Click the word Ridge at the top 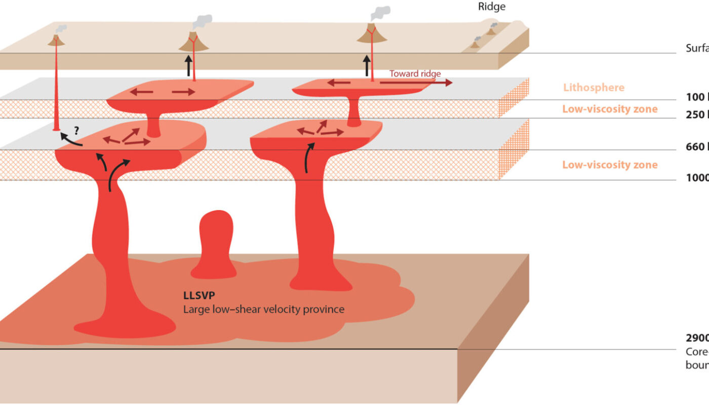492,7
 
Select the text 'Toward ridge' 415,73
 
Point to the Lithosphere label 594,88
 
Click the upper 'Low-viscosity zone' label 610,109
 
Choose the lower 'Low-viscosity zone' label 610,165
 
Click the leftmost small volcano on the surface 57,40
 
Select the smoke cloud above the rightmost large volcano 380,13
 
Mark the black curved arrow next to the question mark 69,139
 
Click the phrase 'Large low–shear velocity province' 263,308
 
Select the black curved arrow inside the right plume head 309,157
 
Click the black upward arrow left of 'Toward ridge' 367,66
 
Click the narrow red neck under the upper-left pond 153,125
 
